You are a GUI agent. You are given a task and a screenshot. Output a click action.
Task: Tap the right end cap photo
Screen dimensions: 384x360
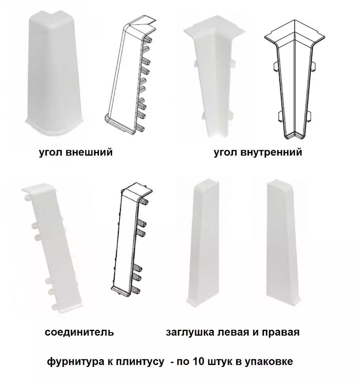point(283,241)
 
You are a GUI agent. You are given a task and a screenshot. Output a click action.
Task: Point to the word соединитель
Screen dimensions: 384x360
point(79,332)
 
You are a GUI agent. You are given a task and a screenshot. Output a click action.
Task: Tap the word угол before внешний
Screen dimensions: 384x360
point(50,152)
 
